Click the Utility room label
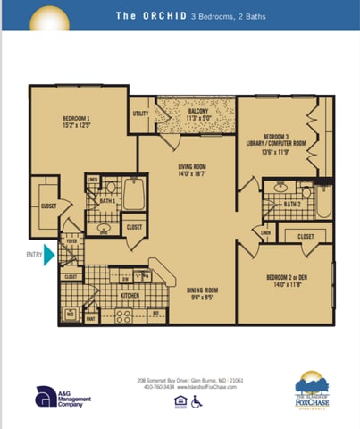140,114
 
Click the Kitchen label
130,295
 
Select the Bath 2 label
292,205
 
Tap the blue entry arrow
50,255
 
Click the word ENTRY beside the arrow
34,255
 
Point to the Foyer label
71,240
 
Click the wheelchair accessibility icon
197,401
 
